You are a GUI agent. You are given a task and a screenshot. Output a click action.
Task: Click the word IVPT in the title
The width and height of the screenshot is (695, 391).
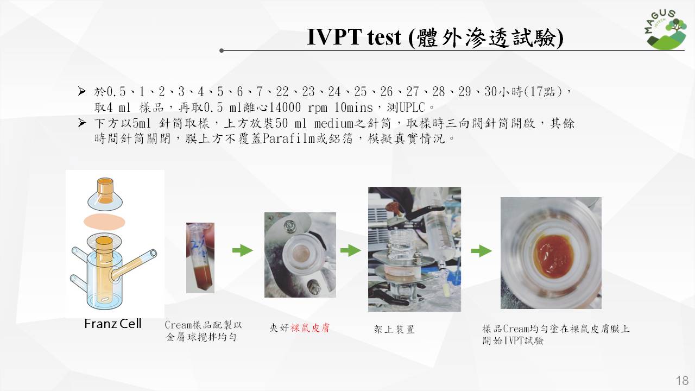[x=334, y=37]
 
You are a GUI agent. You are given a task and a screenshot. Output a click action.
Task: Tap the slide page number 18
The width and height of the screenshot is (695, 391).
[x=682, y=381]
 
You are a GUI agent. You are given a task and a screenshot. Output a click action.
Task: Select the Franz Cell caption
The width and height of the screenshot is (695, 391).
[x=112, y=324]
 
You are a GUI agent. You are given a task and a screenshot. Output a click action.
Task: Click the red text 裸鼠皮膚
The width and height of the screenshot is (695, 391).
[x=310, y=327]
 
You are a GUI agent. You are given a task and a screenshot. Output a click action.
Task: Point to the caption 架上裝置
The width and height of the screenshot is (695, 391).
[x=394, y=329]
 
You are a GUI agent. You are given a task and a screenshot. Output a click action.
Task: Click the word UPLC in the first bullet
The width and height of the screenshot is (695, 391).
[x=412, y=108]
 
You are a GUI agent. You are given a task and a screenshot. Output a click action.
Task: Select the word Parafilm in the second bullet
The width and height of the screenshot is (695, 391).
[x=289, y=138]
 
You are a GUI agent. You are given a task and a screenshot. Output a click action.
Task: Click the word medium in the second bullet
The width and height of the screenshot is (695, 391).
[x=334, y=123]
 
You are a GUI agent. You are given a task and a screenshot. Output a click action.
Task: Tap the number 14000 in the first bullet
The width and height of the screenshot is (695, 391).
[x=285, y=108]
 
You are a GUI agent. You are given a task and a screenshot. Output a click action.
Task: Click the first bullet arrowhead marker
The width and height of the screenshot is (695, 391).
[x=82, y=91]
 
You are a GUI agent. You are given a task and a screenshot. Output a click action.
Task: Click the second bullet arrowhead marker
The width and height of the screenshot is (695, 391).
[x=82, y=123]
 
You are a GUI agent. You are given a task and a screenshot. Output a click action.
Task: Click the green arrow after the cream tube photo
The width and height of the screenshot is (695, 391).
[x=243, y=250]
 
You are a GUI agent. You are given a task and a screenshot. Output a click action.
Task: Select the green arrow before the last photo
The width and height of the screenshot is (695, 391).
[x=481, y=251]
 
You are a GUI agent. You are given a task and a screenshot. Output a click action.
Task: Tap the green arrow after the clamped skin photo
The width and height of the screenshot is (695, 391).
[x=351, y=250]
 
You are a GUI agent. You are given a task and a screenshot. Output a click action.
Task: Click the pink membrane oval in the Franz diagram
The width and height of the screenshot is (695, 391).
[x=105, y=222]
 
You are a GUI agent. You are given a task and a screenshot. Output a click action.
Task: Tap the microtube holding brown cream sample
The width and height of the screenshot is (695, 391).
[x=200, y=258]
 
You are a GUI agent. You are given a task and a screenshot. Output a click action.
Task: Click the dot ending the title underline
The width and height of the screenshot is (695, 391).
[x=222, y=51]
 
